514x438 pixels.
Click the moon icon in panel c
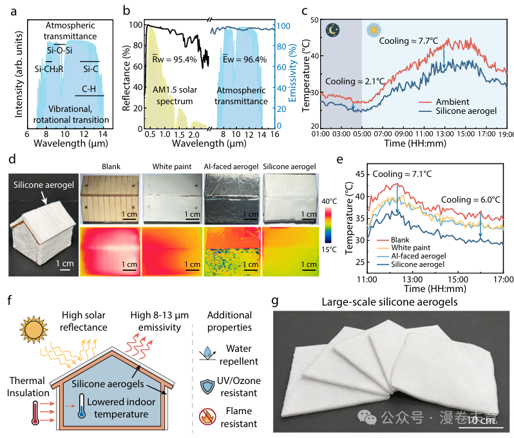pos(333,30)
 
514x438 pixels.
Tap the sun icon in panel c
pos(374,30)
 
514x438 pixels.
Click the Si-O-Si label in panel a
pos(60,50)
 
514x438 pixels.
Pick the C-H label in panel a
pos(89,89)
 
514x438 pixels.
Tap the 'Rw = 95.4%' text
pos(175,59)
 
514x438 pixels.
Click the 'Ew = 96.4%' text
pos(245,59)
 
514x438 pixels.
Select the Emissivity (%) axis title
pos(292,73)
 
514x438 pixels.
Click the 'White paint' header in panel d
pos(172,167)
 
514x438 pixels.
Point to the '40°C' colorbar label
pos(329,201)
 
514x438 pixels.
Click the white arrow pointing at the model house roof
pos(44,197)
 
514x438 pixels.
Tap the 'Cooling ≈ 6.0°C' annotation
pos(470,199)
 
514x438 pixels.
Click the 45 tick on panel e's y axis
pos(360,174)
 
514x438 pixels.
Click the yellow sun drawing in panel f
pos(33,330)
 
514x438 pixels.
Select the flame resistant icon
pos(207,417)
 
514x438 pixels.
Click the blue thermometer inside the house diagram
pos(82,406)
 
